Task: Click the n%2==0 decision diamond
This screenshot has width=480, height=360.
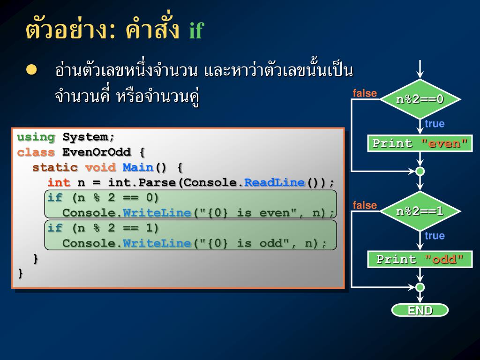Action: (420, 99)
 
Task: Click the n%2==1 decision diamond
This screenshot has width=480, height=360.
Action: (420, 211)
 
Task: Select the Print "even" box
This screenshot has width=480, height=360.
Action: (420, 143)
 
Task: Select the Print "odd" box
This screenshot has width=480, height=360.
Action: (420, 259)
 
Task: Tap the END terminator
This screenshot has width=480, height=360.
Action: (420, 310)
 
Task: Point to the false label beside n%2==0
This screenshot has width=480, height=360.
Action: (365, 93)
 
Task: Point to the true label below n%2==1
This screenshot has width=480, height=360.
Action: (435, 236)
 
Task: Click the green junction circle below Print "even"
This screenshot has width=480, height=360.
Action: (420, 172)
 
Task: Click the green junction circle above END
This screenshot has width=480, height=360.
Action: (420, 287)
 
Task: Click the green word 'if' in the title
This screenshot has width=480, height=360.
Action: (196, 31)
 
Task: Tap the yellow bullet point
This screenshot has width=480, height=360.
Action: (31, 70)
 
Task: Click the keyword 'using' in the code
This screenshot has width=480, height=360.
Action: (36, 137)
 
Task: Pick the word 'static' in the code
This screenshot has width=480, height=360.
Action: (55, 167)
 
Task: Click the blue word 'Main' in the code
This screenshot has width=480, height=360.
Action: (138, 167)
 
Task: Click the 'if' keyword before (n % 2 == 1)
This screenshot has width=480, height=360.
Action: (55, 228)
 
